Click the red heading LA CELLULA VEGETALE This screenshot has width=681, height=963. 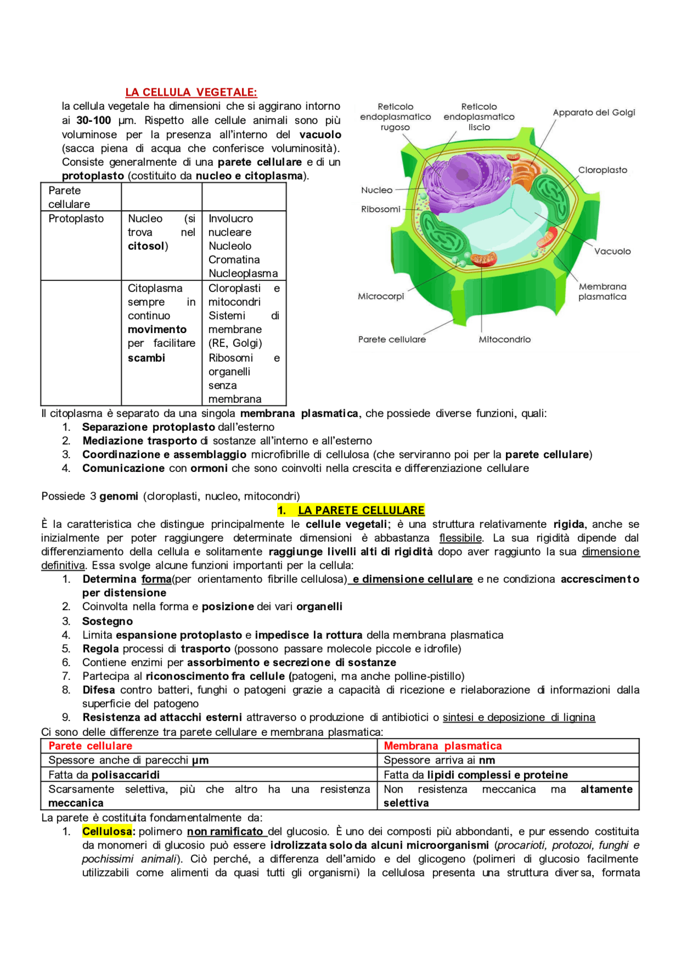pyautogui.click(x=191, y=93)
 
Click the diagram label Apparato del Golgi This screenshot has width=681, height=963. pyautogui.click(x=594, y=113)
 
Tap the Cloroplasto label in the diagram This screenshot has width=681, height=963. pyautogui.click(x=602, y=170)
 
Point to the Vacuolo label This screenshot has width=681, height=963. pyautogui.click(x=612, y=251)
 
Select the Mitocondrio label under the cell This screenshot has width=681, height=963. pyautogui.click(x=504, y=339)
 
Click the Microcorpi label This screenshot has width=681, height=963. pyautogui.click(x=381, y=296)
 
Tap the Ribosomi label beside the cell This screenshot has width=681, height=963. pyautogui.click(x=380, y=209)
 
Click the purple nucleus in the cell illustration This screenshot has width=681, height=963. pyautogui.click(x=458, y=178)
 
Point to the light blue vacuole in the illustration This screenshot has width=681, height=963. pyautogui.click(x=495, y=229)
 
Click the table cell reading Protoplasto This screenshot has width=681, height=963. pyautogui.click(x=76, y=219)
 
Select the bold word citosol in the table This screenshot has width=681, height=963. pyautogui.click(x=146, y=246)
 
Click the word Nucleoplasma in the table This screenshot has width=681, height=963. pyautogui.click(x=243, y=273)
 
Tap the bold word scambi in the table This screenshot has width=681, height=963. pyautogui.click(x=146, y=358)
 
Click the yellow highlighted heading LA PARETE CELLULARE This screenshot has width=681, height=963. pyautogui.click(x=361, y=510)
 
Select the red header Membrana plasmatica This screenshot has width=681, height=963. pyautogui.click(x=443, y=746)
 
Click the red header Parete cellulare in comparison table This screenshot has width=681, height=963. pyautogui.click(x=90, y=746)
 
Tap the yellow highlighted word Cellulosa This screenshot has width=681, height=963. pyautogui.click(x=107, y=831)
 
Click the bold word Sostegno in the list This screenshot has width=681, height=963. pyautogui.click(x=107, y=621)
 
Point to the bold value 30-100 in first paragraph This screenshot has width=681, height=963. pyautogui.click(x=94, y=121)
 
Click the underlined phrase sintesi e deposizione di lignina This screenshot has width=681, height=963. pyautogui.click(x=519, y=717)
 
